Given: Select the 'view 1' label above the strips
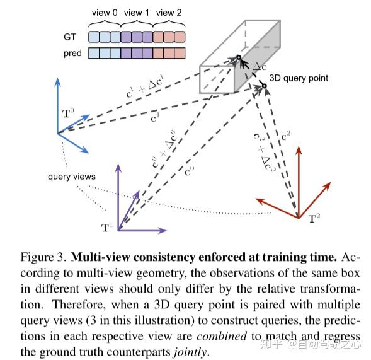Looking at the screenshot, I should point(137,12).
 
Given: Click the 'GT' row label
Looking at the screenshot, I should point(74,37).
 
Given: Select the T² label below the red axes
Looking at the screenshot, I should point(315,219).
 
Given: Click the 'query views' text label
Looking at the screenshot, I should point(72,176).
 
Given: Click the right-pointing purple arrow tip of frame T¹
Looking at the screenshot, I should point(166,231).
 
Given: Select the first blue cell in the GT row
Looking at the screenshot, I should point(93,37).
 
